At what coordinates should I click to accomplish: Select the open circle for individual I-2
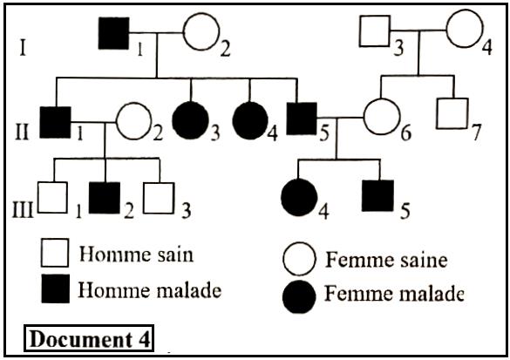[x=200, y=36]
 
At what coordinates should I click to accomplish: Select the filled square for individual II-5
[x=303, y=119]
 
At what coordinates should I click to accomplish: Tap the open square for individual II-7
[x=452, y=112]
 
